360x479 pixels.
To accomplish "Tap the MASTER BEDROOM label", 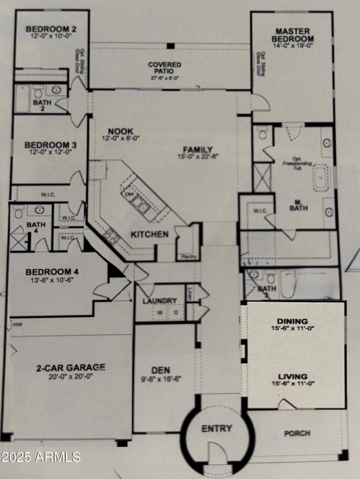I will click(x=292, y=35).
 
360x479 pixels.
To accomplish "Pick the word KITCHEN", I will click(x=150, y=234).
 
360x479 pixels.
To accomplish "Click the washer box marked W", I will click(x=159, y=312).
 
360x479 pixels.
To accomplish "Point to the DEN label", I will click(x=161, y=370).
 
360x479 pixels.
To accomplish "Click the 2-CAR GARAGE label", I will click(x=71, y=367).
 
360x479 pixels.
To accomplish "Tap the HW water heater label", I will click(x=18, y=324).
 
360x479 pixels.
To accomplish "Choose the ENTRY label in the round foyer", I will click(x=216, y=428).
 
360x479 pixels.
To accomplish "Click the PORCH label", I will click(x=297, y=433).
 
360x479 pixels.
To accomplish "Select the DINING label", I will click(x=292, y=321).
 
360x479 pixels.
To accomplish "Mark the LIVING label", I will click(x=292, y=376).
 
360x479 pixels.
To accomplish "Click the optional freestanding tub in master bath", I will click(x=320, y=178).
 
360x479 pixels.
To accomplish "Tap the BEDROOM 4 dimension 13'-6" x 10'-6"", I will click(x=49, y=279).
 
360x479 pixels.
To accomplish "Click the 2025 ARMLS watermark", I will click(x=40, y=457).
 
